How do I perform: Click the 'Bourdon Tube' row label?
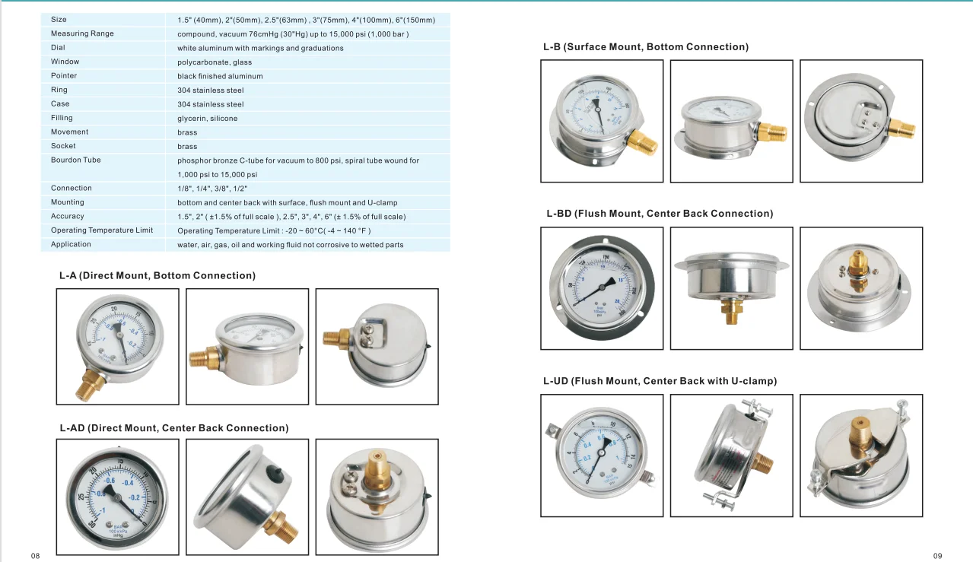pos(76,160)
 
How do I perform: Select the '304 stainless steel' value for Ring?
pos(211,90)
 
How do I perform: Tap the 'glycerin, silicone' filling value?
pos(208,118)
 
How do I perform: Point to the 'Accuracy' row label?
pos(68,216)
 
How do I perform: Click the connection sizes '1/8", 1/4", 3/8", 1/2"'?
pos(212,188)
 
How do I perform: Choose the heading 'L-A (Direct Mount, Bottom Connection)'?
pos(157,275)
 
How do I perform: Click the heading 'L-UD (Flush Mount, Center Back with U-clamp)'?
pos(660,381)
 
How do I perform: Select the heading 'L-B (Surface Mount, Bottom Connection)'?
pos(646,46)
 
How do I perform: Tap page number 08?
pos(35,556)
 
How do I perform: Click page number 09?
pos(937,556)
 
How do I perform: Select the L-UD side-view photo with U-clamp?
pos(731,456)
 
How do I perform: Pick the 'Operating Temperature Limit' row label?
pos(102,230)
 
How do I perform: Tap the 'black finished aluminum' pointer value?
pos(220,76)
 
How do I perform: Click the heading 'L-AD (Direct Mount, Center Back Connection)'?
pos(174,428)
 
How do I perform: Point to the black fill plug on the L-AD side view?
pos(276,475)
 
